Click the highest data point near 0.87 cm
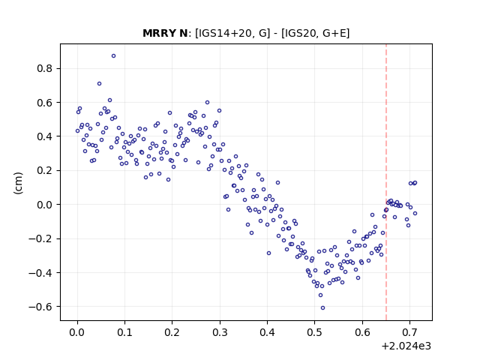point(113,56)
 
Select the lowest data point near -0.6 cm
point(322,308)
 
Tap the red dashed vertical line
point(386,182)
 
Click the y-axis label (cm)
point(18,183)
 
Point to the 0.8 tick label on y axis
point(45,68)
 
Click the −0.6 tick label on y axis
point(40,307)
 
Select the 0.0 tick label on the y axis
point(45,205)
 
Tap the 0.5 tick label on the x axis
point(315,332)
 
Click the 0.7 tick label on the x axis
point(410,332)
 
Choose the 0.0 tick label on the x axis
point(77,332)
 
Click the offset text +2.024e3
point(406,346)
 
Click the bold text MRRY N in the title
point(165,33)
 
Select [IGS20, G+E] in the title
point(315,33)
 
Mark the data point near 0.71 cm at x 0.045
point(99,83)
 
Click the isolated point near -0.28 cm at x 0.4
point(268,253)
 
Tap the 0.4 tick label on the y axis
point(45,136)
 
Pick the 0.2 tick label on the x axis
point(172,332)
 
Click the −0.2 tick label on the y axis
point(40,238)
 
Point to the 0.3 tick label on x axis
point(220,332)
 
